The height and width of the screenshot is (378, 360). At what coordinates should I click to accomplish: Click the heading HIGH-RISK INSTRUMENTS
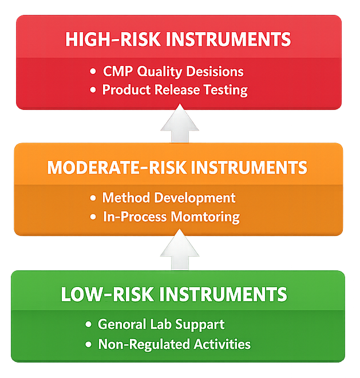[x=179, y=40]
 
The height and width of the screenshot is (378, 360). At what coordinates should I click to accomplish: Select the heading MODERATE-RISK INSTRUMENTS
[x=177, y=168]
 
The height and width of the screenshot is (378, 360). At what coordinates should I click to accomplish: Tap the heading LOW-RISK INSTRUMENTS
[x=174, y=294]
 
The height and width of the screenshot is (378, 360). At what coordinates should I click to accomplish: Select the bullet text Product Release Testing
[x=175, y=90]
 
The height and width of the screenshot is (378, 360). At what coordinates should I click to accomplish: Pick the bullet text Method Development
[x=169, y=198]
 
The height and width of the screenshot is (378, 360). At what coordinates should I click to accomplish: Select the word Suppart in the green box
[x=198, y=325]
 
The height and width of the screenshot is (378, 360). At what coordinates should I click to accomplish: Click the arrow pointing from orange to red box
[x=180, y=124]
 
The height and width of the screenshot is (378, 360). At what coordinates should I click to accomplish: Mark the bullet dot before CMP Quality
[x=93, y=72]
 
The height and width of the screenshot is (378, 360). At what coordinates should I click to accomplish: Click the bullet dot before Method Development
[x=93, y=198]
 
